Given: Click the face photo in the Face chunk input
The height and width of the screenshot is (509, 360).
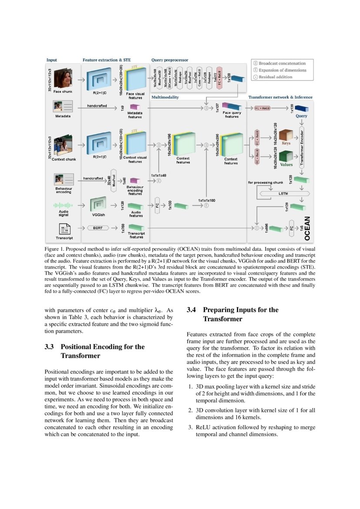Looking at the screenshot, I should pos(63,78).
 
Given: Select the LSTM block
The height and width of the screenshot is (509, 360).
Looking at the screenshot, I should pos(283,193).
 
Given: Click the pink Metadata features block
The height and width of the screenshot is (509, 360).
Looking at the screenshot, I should pos(135,108).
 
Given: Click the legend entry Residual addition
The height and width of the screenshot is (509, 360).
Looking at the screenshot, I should pos(283,77).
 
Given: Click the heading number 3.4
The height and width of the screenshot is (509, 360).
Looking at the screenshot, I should pos(192,310).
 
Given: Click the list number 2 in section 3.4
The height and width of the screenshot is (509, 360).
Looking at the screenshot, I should pos(190,410).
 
